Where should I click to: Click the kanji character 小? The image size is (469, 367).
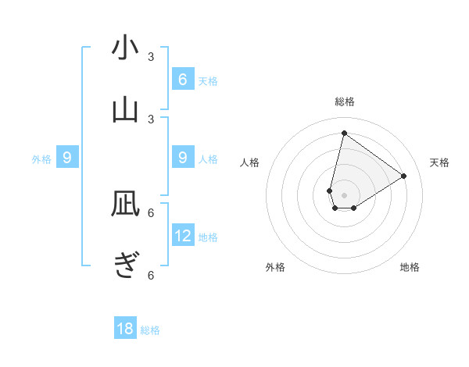125,48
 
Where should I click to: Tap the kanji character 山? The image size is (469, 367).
125,110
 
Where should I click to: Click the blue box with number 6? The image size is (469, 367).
182,79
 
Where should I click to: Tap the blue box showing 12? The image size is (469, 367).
183,235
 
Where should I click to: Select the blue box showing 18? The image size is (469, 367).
125,329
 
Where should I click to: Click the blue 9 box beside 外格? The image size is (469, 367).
67,158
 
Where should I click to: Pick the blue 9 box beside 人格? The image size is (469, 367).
182,158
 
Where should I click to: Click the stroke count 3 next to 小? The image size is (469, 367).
151,57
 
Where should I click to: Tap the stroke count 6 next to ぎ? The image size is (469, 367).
151,275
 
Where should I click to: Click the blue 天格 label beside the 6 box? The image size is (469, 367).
208,81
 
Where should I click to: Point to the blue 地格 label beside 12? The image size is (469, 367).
209,237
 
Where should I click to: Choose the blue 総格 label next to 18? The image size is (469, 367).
150,331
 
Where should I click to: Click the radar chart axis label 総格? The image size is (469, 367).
344,102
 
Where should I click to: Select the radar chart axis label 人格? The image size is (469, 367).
250,162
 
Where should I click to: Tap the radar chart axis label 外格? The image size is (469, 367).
275,267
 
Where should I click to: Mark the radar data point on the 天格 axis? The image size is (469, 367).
403,176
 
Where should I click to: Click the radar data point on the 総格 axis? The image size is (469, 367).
344,133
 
